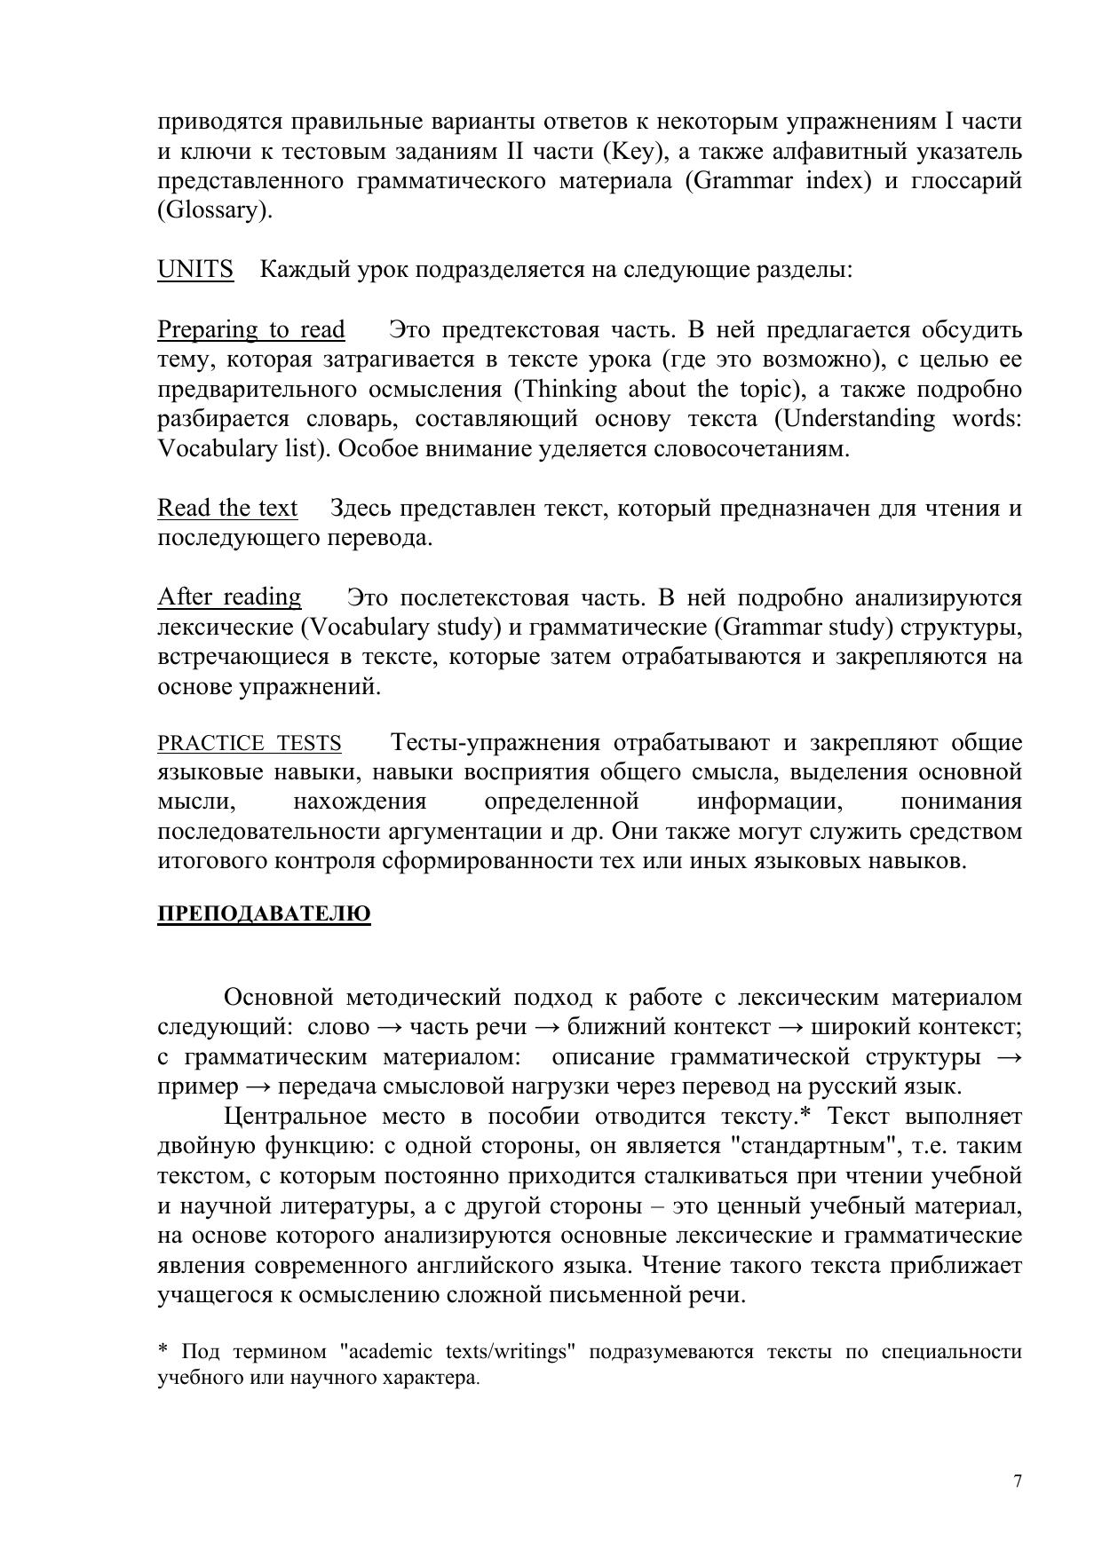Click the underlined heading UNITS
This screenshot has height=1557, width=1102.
(195, 269)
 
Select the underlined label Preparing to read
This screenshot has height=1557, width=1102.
(250, 329)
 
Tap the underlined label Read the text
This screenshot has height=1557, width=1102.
(227, 508)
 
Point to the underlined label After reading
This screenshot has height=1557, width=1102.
(229, 597)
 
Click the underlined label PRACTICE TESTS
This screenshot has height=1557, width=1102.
(249, 743)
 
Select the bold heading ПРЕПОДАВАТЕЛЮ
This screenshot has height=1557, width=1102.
(264, 914)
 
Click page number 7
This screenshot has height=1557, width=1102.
(1017, 1482)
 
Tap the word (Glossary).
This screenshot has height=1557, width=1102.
(214, 210)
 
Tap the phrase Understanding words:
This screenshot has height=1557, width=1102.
(897, 419)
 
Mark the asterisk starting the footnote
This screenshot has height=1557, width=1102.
(163, 1350)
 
